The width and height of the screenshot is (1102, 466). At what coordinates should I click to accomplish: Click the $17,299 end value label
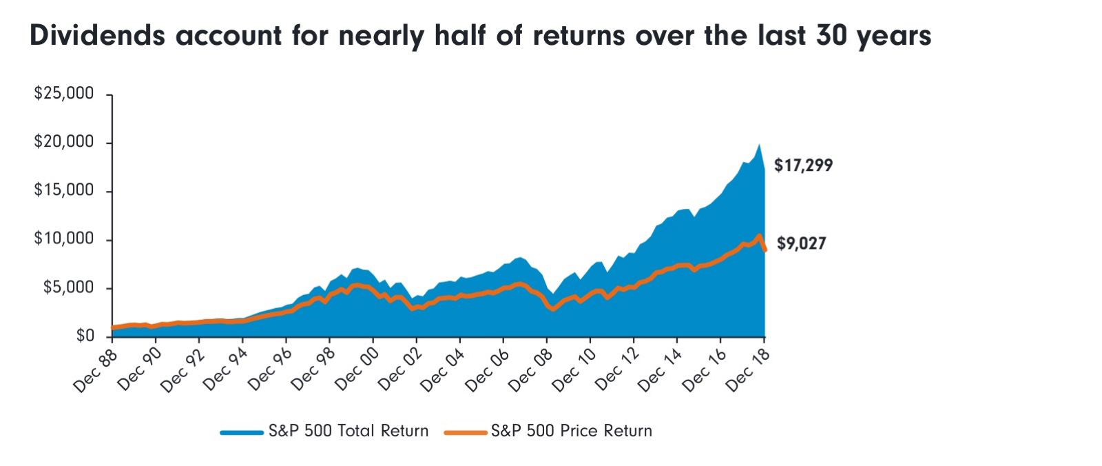point(803,165)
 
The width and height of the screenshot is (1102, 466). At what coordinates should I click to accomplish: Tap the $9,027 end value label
point(801,243)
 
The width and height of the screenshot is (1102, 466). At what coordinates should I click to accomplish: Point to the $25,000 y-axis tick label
point(63,94)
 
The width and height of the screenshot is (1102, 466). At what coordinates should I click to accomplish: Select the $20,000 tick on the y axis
point(63,142)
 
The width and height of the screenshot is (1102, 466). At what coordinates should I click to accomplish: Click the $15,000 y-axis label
point(63,190)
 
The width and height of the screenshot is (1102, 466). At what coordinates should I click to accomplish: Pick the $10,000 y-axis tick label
point(63,239)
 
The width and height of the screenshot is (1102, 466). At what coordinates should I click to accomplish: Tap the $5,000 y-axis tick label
point(67,287)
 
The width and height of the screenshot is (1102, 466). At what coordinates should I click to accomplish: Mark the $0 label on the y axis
point(84,336)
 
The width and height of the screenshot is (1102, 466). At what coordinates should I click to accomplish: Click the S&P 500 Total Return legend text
point(349,431)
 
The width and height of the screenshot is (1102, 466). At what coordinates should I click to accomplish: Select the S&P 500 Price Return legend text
point(571,431)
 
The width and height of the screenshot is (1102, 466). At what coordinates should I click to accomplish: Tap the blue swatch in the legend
point(241,432)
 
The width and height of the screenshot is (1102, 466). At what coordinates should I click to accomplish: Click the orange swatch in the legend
point(466,432)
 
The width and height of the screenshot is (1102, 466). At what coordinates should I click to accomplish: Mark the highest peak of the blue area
point(759,145)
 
